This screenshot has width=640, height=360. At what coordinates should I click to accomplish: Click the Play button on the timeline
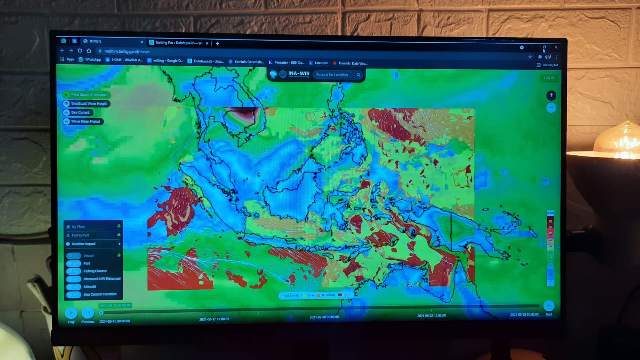(71, 313)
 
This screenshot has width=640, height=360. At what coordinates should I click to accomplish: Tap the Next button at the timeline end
(548, 306)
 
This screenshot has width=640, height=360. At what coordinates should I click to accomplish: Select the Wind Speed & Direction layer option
(85, 95)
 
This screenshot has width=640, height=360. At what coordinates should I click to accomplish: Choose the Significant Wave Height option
(86, 104)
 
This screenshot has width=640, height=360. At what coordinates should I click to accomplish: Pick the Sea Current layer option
(77, 113)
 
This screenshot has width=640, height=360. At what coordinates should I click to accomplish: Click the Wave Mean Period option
(82, 121)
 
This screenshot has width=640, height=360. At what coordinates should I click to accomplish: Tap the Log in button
(549, 78)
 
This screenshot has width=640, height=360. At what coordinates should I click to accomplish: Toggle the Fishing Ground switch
(74, 271)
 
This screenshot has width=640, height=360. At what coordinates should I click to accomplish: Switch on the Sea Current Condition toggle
(74, 294)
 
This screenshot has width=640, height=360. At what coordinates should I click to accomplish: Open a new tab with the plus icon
(217, 43)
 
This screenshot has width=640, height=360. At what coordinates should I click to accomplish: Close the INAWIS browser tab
(142, 42)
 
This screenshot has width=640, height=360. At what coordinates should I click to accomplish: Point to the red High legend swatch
(340, 295)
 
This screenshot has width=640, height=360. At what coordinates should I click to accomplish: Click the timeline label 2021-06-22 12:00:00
(432, 316)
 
